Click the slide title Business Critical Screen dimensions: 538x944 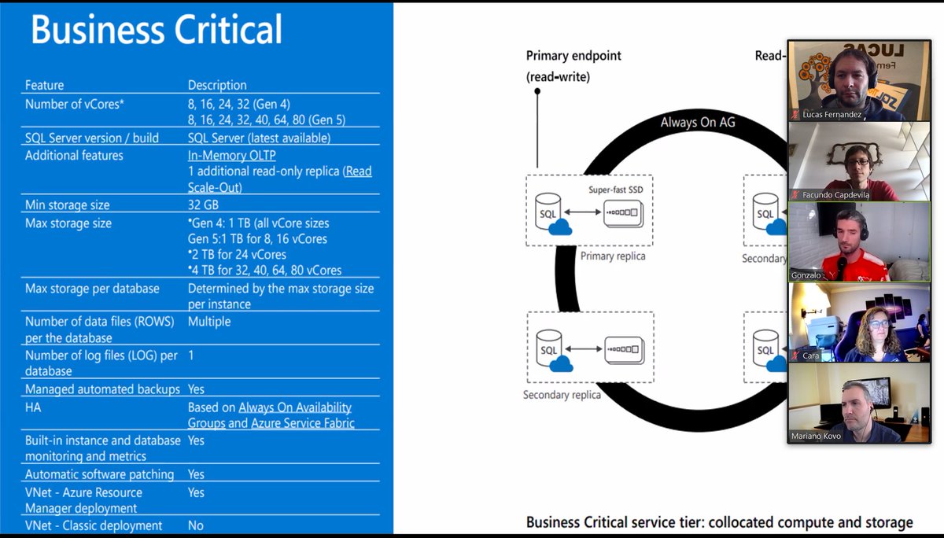click(x=156, y=30)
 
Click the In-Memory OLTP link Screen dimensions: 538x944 click(x=231, y=155)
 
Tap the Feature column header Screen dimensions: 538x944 click(x=44, y=85)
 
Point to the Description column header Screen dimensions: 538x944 click(x=217, y=85)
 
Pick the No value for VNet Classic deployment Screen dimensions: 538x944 click(x=196, y=525)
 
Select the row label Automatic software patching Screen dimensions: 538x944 click(x=99, y=474)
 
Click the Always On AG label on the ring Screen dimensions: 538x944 click(x=698, y=122)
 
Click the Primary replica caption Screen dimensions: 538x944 click(x=613, y=256)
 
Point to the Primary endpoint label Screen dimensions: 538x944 click(x=573, y=56)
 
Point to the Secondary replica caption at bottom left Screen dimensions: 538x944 click(x=562, y=395)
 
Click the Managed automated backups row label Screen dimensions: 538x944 click(x=102, y=389)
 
